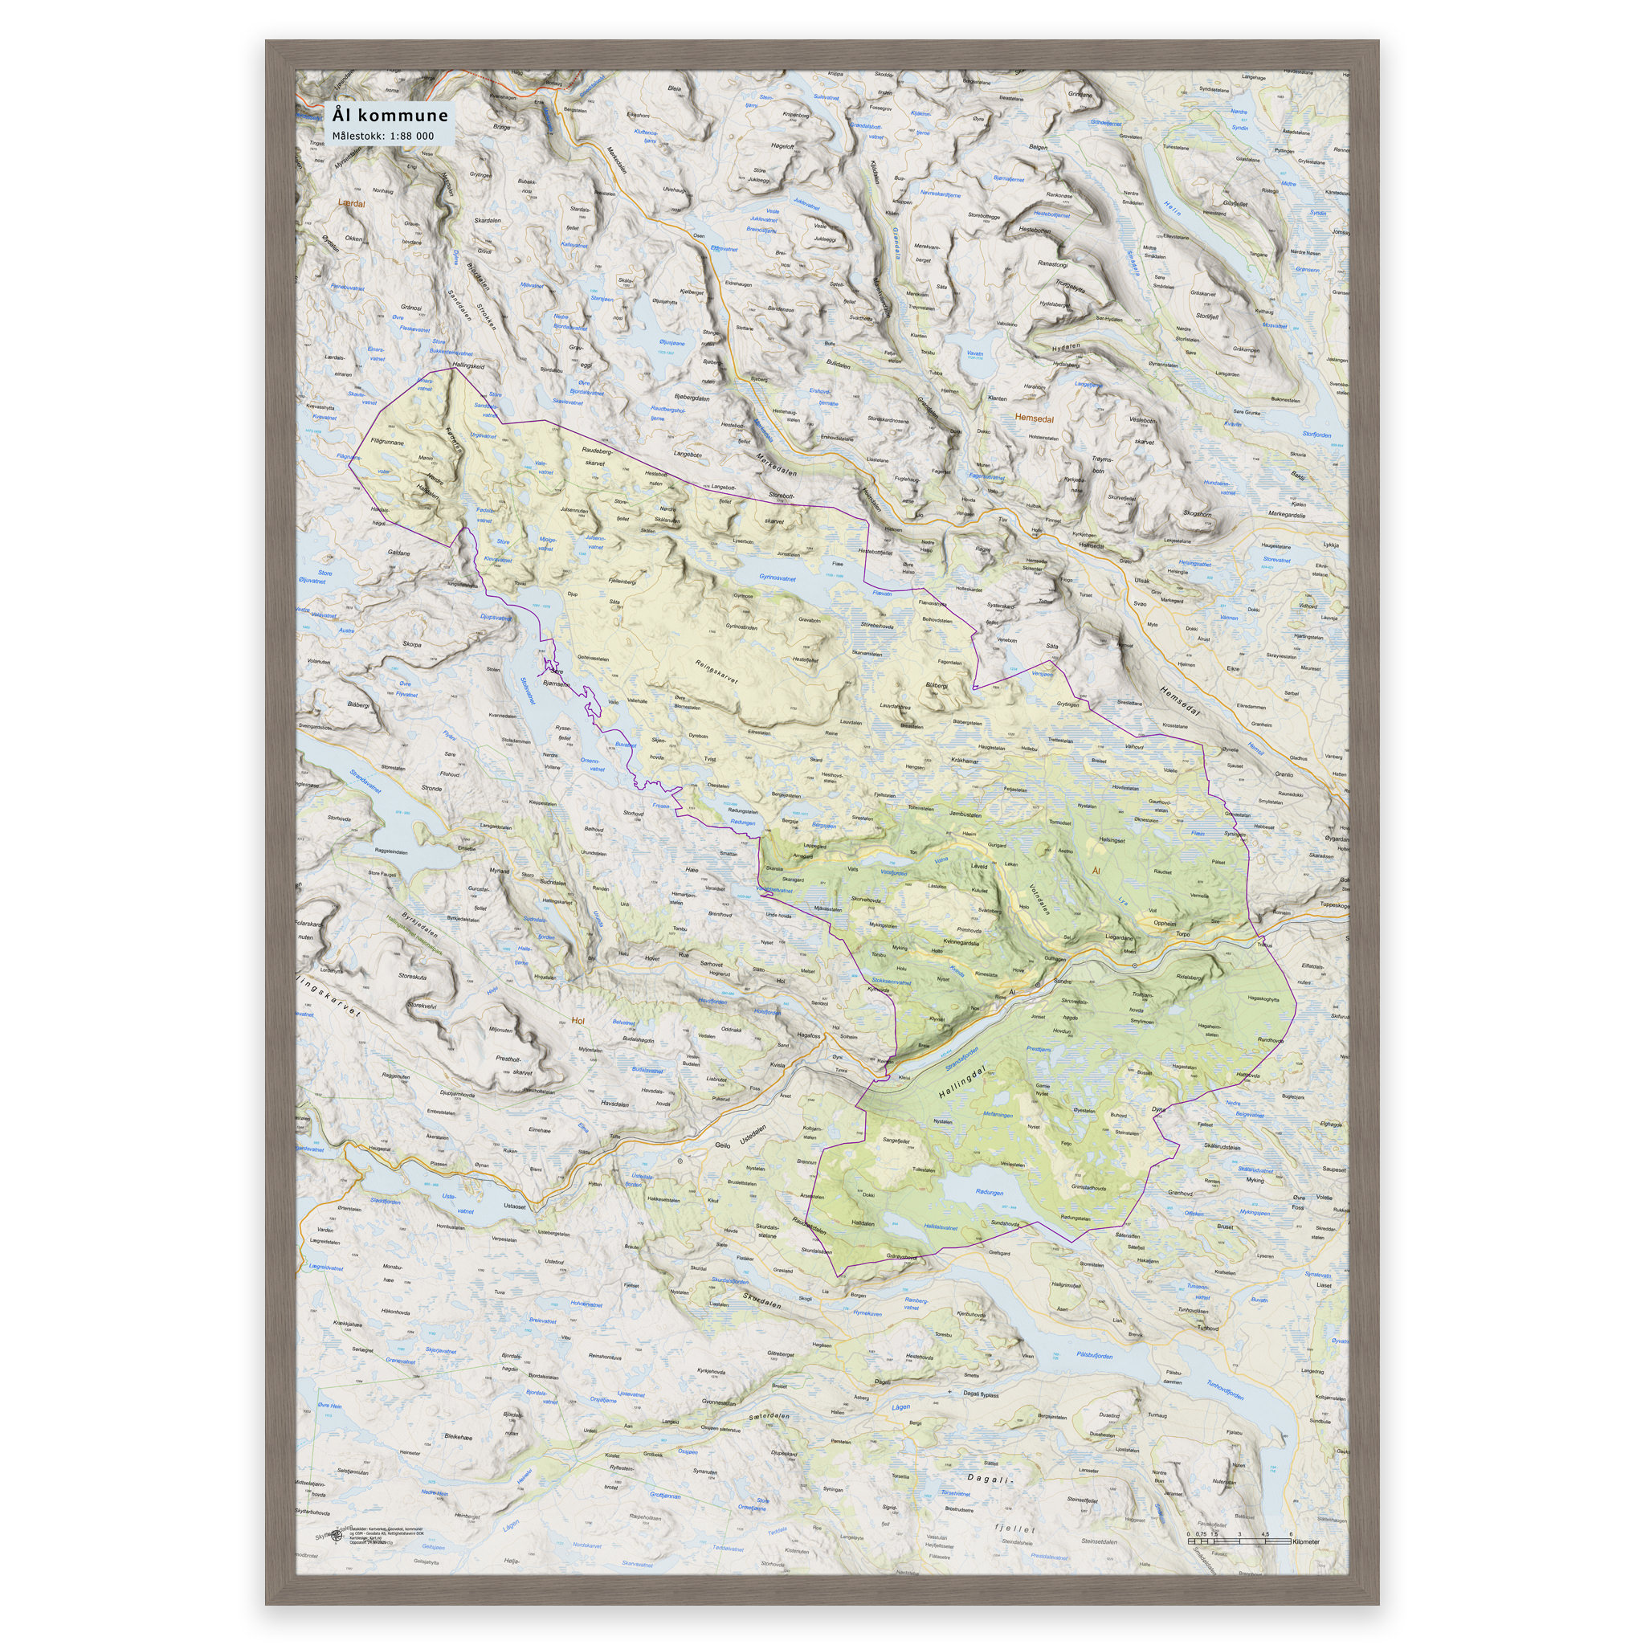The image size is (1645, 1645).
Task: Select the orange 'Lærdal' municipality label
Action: [x=351, y=203]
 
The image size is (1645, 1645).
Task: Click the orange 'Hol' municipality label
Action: [x=579, y=1021]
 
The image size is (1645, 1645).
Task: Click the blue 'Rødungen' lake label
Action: [x=989, y=1192]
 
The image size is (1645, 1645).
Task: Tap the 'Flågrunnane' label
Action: [x=387, y=443]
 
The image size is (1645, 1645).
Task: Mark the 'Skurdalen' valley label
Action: [x=761, y=1302]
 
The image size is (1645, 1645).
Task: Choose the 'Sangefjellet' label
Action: [x=896, y=1140]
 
